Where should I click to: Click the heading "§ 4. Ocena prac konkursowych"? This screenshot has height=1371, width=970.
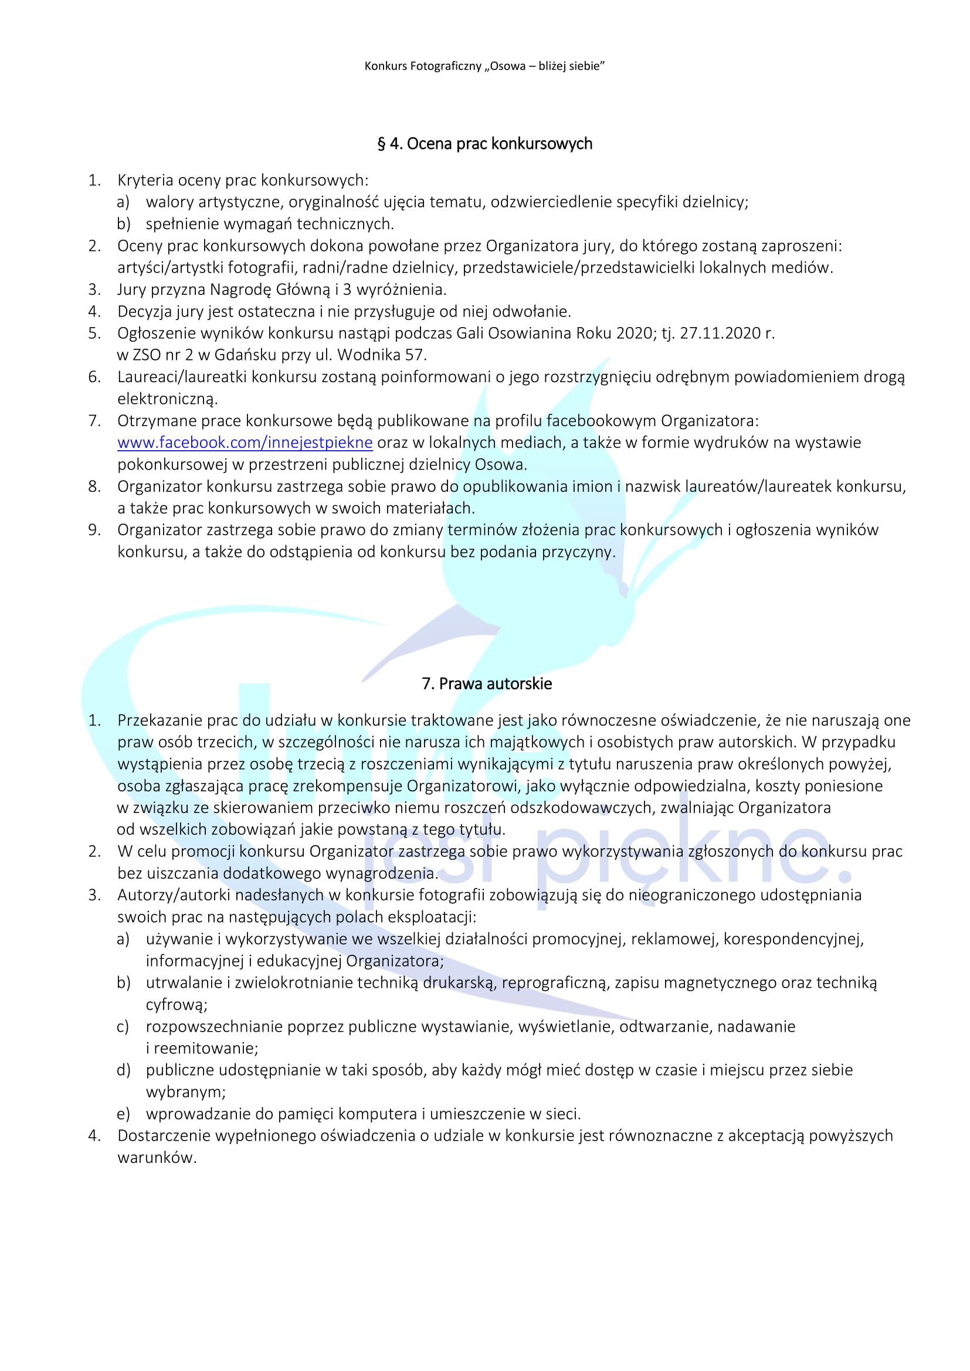point(484,144)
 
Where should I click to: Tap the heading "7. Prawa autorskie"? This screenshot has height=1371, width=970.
point(487,683)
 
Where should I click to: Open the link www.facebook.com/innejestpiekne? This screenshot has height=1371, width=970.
point(245,443)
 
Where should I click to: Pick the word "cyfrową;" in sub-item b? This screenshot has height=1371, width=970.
point(176,1005)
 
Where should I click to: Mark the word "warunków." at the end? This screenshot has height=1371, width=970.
point(157,1158)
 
